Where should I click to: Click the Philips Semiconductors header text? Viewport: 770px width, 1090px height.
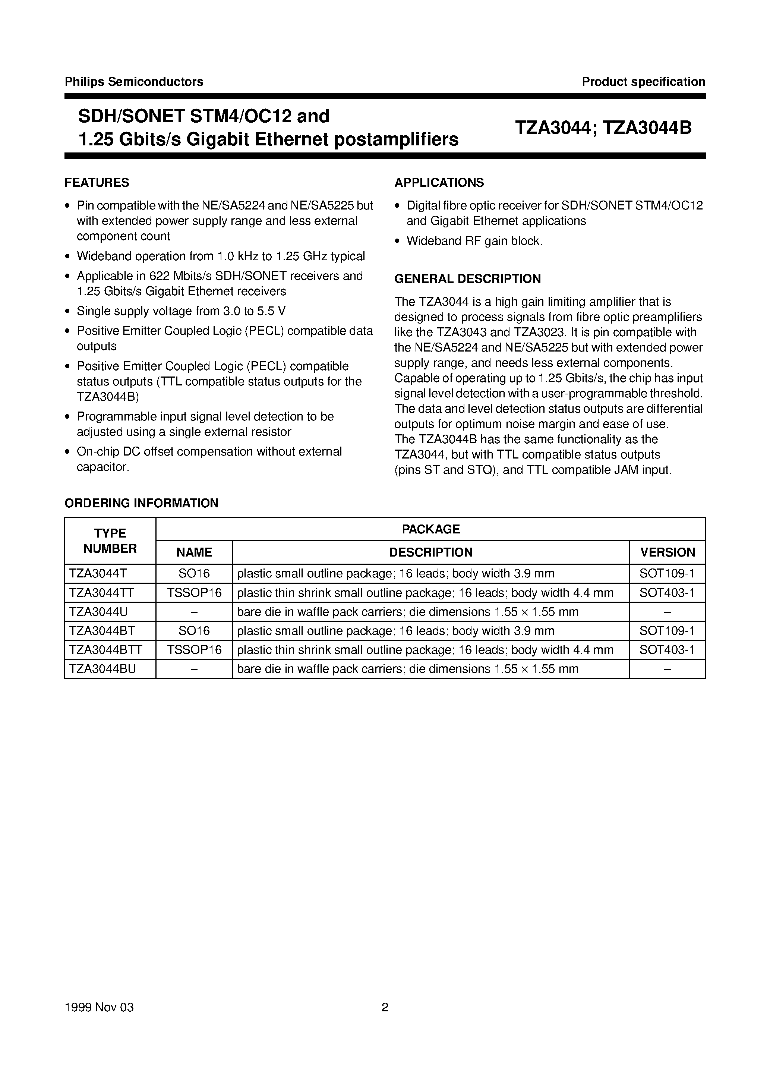click(x=134, y=82)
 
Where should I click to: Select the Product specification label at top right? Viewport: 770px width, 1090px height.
click(x=643, y=82)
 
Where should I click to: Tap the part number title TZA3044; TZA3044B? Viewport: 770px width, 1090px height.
click(x=603, y=128)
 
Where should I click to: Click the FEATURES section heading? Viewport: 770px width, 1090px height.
click(x=97, y=183)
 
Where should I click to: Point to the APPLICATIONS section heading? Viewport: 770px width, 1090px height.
click(x=439, y=183)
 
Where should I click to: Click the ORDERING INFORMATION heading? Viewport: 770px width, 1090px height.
click(x=142, y=503)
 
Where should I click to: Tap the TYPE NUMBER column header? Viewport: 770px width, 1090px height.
click(x=110, y=541)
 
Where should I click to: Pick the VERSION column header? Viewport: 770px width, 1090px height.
click(x=667, y=552)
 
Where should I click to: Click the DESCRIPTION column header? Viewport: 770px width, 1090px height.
click(x=430, y=552)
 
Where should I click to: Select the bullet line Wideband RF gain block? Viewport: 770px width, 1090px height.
click(x=474, y=241)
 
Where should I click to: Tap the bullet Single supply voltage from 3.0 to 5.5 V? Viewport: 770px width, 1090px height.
click(x=181, y=311)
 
